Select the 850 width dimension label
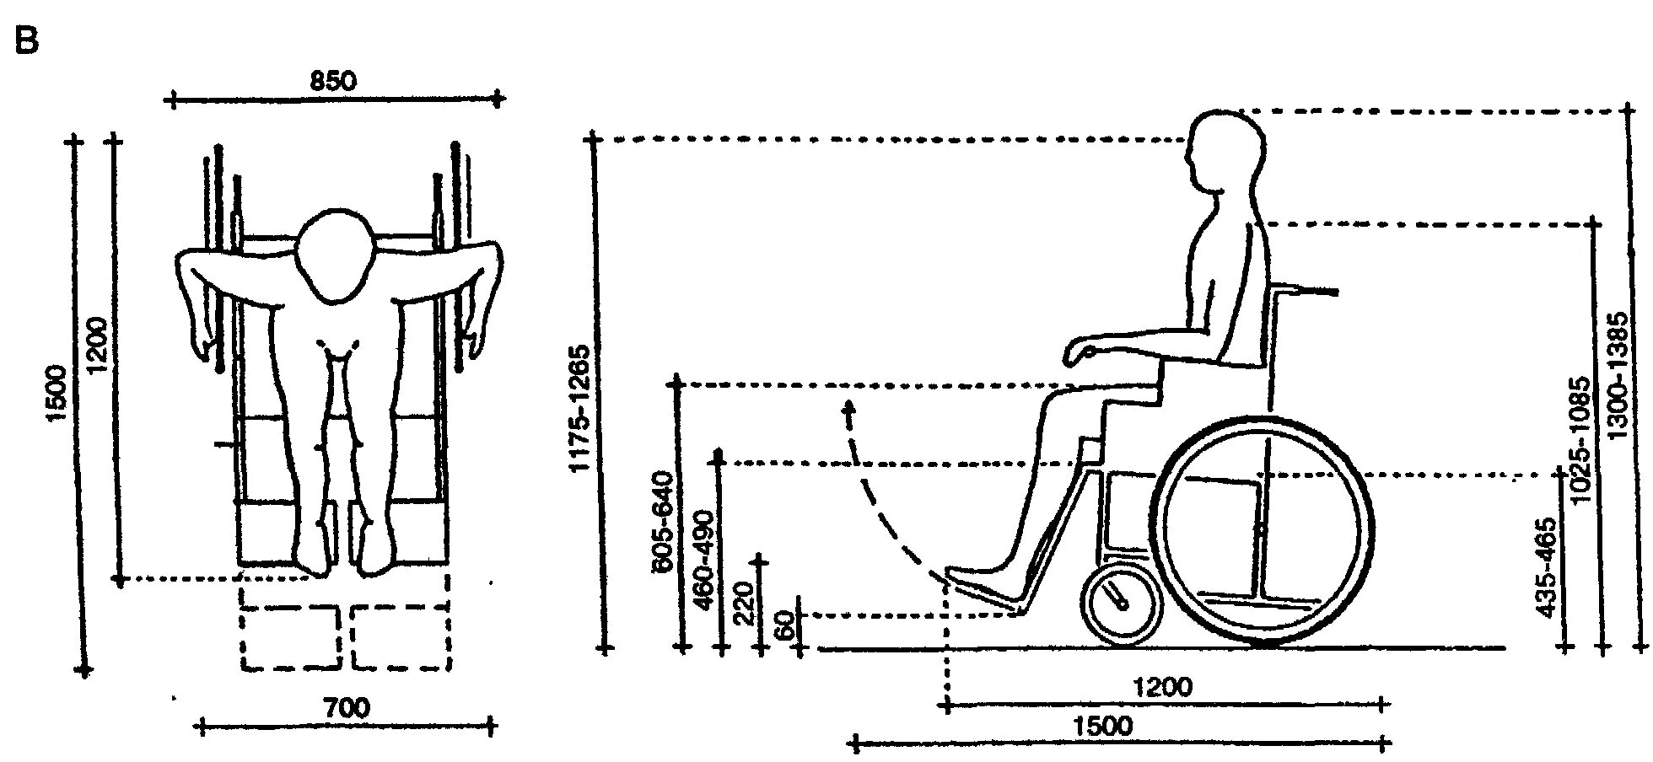tap(334, 81)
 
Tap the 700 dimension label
tap(346, 708)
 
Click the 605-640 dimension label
tap(663, 523)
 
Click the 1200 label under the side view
tap(1164, 688)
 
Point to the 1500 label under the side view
tap(1105, 726)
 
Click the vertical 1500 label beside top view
tap(57, 396)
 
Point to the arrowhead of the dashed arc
tap(848, 410)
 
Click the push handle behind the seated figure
tap(1307, 292)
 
